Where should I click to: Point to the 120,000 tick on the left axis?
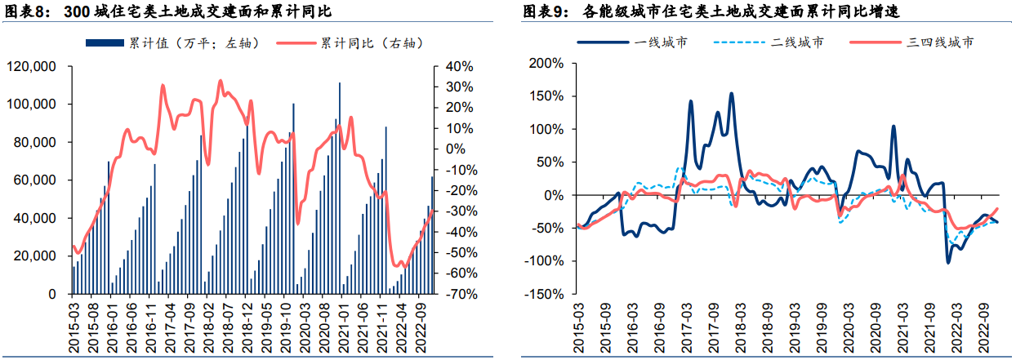30,67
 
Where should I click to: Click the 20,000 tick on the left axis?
33,256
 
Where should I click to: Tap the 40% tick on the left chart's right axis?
449,67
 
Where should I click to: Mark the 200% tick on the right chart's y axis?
545,64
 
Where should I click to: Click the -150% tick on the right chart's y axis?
542,294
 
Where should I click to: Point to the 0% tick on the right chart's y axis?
550,195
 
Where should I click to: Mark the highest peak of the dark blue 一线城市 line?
731,93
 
